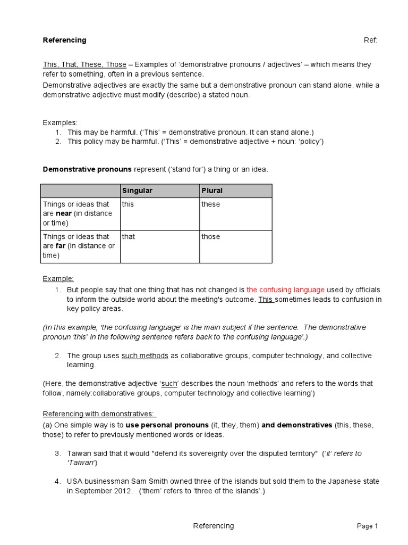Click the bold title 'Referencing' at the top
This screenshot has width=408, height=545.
coord(64,40)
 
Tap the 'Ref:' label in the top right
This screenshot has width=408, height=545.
coord(370,40)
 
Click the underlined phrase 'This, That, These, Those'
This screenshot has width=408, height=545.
coord(84,64)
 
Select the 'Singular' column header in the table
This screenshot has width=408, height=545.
coord(137,191)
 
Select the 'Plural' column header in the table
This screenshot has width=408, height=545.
coord(211,191)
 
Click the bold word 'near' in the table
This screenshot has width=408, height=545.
coord(64,214)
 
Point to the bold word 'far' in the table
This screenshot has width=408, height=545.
coord(61,246)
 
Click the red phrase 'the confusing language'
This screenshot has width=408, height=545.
coord(285,290)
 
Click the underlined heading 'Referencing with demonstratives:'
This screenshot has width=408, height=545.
coord(99,414)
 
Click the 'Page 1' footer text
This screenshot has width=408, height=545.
coord(367,526)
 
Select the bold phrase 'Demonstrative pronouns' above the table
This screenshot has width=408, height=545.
coord(87,169)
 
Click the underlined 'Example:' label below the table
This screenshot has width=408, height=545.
coord(58,278)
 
